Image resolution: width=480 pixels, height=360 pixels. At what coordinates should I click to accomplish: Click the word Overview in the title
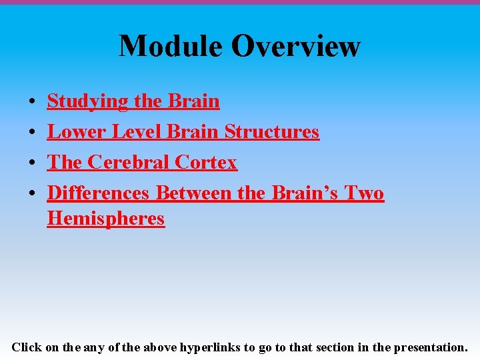click(296, 46)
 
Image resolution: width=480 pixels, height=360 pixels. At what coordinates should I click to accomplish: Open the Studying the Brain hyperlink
click(133, 101)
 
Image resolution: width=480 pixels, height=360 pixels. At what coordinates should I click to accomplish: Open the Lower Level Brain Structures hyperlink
click(183, 132)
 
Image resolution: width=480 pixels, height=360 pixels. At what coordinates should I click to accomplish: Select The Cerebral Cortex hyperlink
click(142, 163)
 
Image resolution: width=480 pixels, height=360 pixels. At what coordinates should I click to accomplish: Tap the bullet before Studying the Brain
click(32, 103)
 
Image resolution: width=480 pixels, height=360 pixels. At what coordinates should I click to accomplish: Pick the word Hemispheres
click(105, 219)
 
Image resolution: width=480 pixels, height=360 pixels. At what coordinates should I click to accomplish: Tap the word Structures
click(271, 132)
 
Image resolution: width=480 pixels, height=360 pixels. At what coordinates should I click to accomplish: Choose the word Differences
click(98, 193)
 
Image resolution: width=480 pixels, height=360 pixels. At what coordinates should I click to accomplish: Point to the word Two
click(364, 193)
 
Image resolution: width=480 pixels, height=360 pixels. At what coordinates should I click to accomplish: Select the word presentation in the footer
click(430, 347)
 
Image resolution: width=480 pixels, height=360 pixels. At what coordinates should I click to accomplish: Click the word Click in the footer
click(27, 347)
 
